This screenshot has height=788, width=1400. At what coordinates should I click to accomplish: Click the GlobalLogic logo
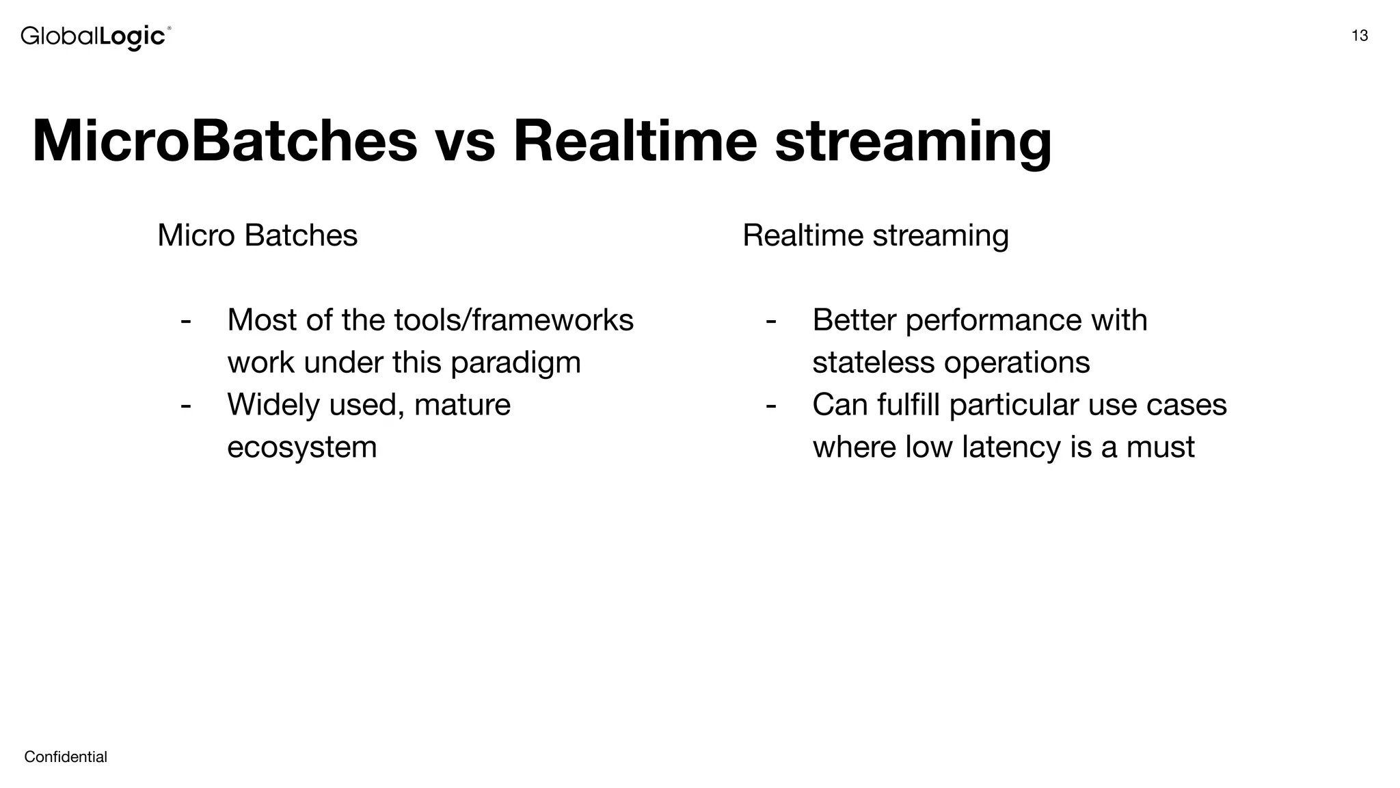click(95, 36)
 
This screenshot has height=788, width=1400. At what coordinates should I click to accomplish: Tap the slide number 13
click(1360, 36)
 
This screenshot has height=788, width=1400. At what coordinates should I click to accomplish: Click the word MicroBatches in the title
click(224, 142)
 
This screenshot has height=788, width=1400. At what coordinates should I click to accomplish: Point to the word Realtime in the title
click(635, 142)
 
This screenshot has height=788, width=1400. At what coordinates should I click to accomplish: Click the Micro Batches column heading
click(257, 235)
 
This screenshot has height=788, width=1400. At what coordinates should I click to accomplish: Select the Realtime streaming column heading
click(875, 235)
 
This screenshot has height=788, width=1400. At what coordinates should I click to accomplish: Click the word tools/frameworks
click(513, 320)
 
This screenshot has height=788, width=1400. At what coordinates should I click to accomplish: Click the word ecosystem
click(301, 447)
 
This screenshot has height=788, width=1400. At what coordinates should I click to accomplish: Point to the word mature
click(462, 405)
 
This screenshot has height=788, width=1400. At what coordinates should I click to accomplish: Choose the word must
click(1160, 447)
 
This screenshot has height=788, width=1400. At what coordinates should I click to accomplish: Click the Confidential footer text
click(66, 757)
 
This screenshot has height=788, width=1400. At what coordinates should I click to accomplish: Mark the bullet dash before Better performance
click(771, 320)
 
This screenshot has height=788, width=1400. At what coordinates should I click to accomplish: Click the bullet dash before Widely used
click(185, 405)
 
